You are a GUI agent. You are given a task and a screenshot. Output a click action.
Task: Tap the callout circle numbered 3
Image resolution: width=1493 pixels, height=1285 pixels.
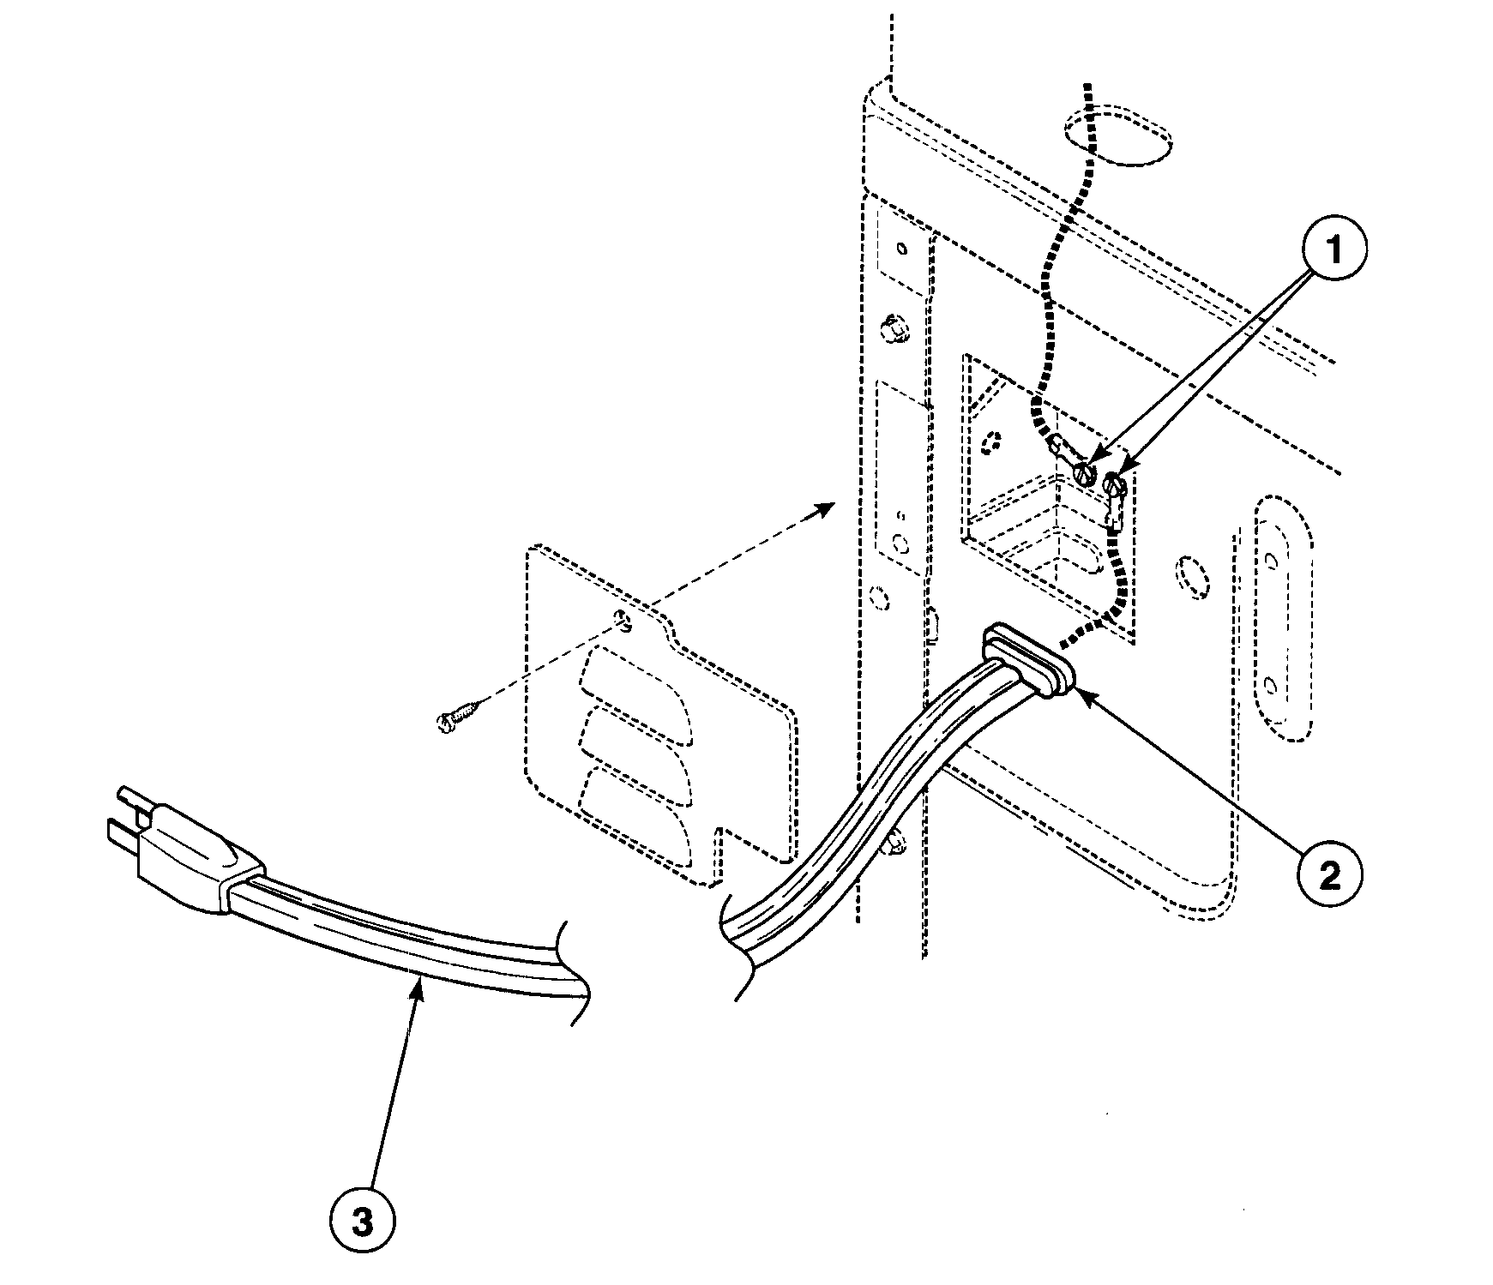point(363,1222)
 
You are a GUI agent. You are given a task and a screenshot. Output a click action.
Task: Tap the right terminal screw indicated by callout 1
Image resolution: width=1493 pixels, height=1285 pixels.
point(1116,485)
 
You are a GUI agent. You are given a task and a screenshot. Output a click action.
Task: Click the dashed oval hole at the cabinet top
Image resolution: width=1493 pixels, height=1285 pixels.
point(1117,136)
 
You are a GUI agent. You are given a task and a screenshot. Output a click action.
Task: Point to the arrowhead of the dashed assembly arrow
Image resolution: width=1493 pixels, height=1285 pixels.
point(828,507)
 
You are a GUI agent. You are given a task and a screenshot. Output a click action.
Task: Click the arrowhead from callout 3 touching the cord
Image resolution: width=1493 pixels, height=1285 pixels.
point(420,985)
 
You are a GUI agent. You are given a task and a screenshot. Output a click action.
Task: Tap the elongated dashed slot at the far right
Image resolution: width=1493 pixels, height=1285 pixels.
point(1283,617)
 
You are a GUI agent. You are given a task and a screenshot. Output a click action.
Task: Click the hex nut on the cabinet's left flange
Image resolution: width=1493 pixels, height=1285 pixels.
point(894,328)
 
